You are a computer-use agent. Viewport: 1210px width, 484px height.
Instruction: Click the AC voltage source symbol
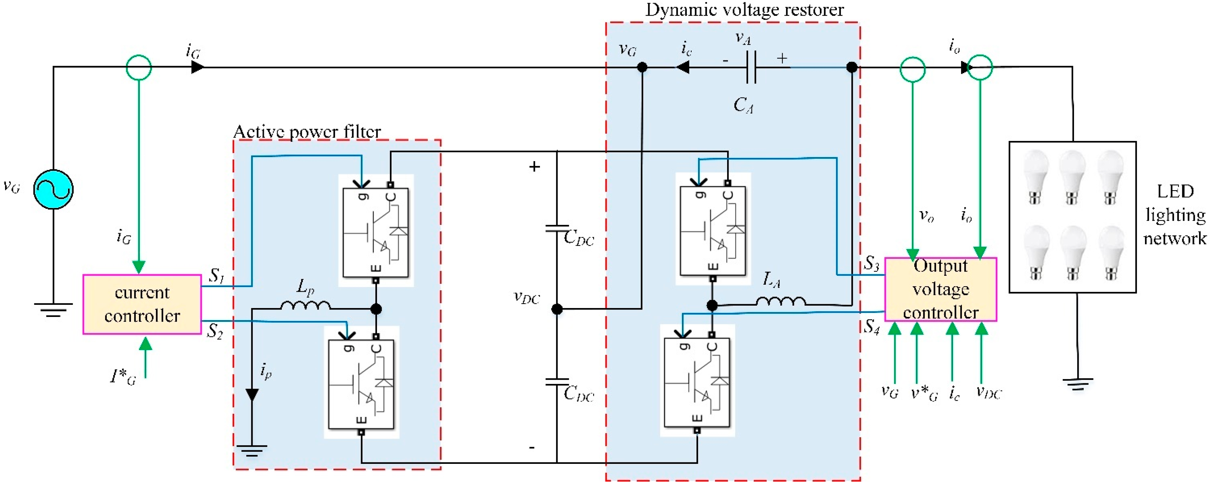53,189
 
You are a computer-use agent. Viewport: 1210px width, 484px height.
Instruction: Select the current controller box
142,304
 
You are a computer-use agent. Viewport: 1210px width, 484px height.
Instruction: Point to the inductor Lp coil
305,306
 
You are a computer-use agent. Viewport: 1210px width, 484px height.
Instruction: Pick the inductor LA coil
781,301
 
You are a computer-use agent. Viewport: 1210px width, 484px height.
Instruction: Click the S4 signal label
871,326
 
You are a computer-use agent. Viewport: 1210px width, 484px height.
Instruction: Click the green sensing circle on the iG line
139,67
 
